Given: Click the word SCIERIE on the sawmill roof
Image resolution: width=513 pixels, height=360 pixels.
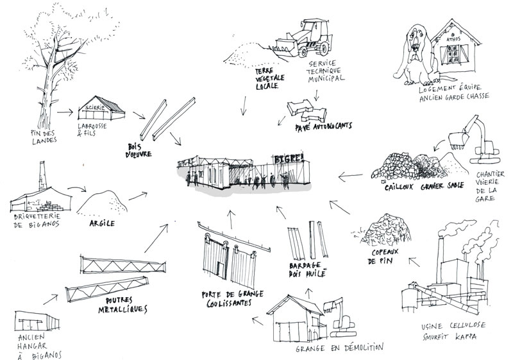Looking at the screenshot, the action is point(95,107).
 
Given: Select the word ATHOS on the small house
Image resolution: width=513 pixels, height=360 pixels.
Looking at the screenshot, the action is point(453,39).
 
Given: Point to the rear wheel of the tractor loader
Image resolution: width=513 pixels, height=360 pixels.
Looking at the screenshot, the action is point(323,47).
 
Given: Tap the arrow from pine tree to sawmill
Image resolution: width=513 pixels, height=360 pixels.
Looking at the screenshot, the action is point(65,112).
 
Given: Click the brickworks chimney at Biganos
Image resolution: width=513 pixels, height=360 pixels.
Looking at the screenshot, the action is point(42,175).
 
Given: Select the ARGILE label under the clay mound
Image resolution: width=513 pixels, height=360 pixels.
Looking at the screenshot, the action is point(102,223).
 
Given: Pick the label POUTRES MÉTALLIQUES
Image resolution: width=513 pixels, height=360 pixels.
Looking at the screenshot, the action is point(123,305).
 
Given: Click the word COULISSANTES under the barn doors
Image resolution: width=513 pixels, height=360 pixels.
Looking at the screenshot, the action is point(229,303).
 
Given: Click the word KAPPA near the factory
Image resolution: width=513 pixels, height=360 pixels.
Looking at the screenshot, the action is point(466,336).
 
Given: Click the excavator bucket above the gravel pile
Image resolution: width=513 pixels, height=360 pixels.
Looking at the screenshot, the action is point(457,139).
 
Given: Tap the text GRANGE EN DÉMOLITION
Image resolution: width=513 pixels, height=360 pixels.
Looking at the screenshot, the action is point(339,348).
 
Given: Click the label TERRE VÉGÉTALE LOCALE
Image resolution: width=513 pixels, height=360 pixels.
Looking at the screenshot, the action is point(270,78).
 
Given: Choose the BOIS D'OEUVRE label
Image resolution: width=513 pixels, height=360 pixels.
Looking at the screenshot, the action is point(139,150).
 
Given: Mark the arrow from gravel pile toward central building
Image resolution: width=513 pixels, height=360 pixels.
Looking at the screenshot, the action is point(350,176).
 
